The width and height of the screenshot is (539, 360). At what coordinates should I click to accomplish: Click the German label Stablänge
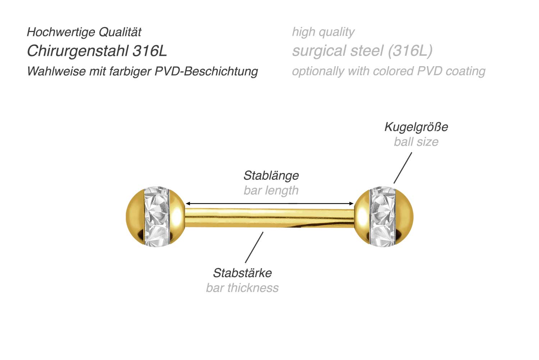[271, 176]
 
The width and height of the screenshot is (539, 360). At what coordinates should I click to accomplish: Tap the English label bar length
[271, 190]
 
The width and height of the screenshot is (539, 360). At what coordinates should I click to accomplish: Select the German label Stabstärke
[242, 273]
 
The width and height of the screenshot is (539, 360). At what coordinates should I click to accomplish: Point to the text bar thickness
[242, 288]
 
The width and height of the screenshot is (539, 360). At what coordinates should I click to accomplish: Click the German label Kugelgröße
[416, 127]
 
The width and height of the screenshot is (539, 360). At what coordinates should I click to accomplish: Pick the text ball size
[416, 142]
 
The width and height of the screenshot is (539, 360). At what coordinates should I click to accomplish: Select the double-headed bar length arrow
[269, 204]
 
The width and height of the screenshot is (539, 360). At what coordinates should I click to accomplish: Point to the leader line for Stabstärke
[254, 247]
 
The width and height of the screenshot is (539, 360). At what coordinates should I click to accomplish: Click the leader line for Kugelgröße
[403, 168]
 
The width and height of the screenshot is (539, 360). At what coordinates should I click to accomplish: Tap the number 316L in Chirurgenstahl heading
[150, 51]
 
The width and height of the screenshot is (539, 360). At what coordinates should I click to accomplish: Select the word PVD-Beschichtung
[206, 71]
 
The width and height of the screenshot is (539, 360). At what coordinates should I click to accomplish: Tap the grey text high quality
[323, 32]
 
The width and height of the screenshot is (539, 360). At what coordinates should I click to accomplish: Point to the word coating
[465, 71]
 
